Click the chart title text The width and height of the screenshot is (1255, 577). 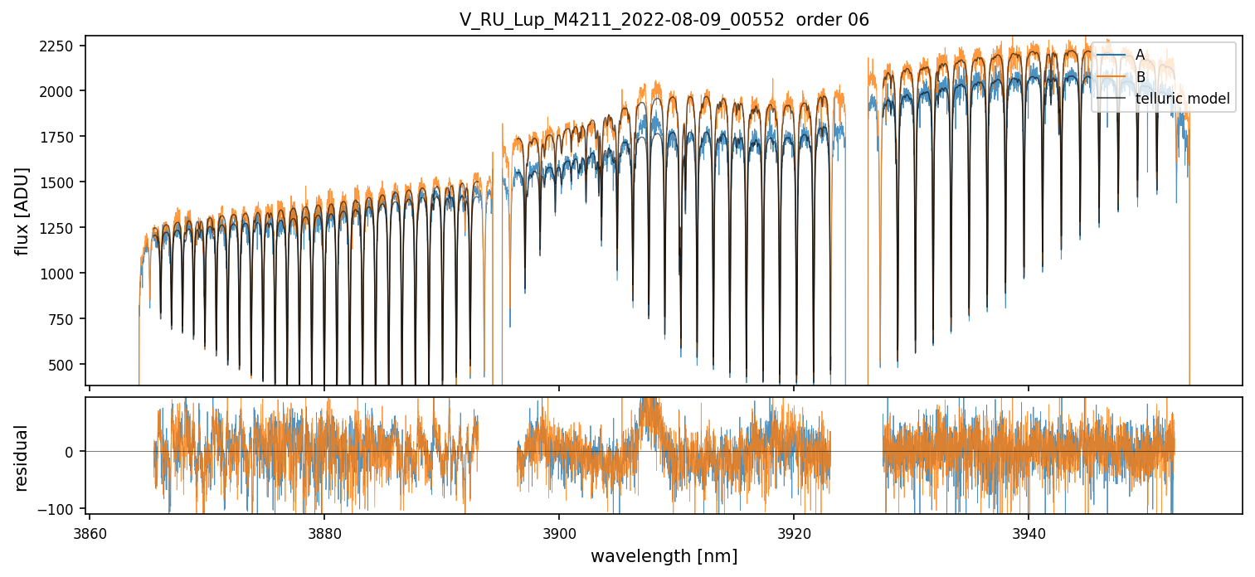tap(664, 20)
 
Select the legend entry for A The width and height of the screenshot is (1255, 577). tap(1140, 55)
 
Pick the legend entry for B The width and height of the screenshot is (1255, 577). tap(1140, 77)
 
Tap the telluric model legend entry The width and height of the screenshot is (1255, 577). tap(1182, 99)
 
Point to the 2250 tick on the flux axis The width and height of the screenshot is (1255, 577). tap(61, 46)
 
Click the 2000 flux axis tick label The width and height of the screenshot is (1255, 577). tap(61, 91)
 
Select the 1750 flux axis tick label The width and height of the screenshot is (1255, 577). tap(61, 137)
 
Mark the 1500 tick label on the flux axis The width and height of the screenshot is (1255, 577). tap(61, 182)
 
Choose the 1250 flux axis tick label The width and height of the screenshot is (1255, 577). tap(61, 228)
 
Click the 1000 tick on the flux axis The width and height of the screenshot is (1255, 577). tap(61, 274)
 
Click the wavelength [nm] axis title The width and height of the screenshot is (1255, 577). tap(664, 555)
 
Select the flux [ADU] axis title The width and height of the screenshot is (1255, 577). tap(22, 211)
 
